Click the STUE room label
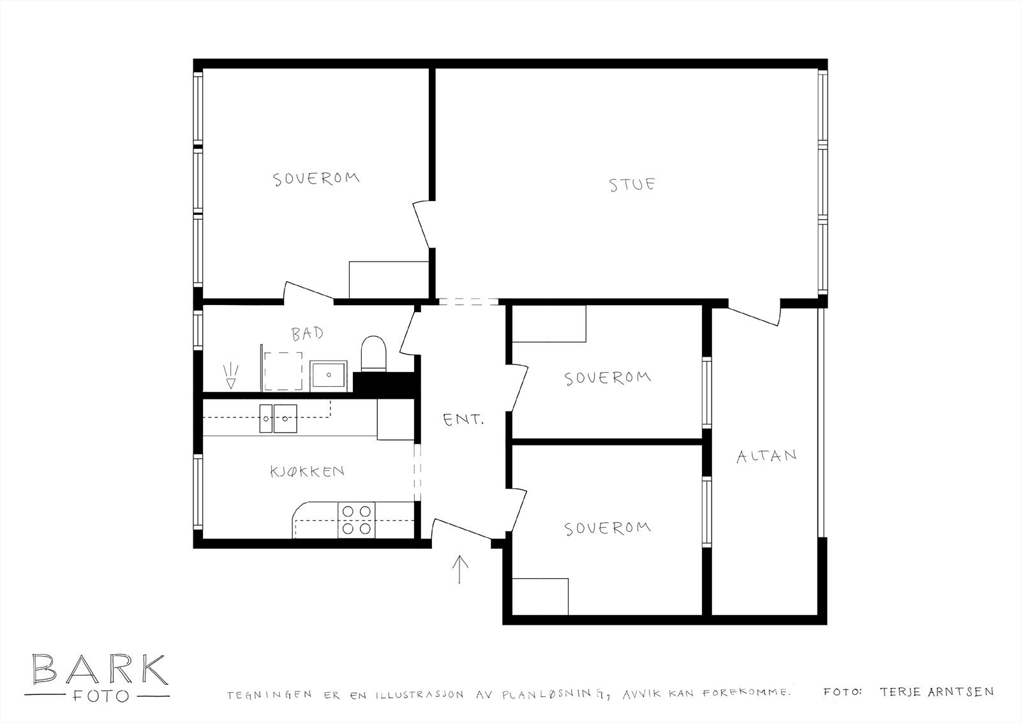(x=632, y=185)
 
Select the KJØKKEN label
(x=307, y=472)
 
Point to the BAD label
(x=307, y=333)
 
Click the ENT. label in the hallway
(x=464, y=420)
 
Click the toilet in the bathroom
(x=373, y=354)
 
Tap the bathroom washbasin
(x=329, y=375)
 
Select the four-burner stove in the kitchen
(x=357, y=519)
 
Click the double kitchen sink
(x=278, y=418)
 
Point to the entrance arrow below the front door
(x=459, y=569)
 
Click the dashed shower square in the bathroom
(x=283, y=371)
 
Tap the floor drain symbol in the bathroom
(x=230, y=376)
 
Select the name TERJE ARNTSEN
(x=936, y=692)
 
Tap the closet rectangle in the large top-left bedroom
(x=388, y=280)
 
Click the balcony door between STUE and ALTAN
(x=755, y=313)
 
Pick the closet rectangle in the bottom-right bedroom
(x=540, y=597)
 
